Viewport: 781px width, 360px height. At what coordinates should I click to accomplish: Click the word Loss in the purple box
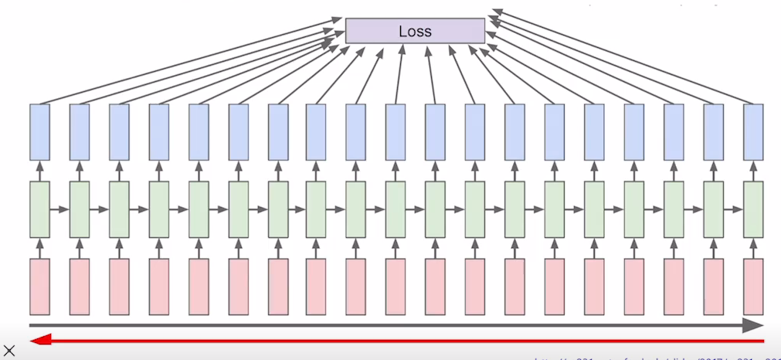click(415, 31)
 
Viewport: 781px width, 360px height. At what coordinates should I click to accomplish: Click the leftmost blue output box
click(39, 132)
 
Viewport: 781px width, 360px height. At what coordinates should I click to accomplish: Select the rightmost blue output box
click(753, 132)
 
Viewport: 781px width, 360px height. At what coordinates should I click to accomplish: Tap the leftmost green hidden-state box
click(39, 209)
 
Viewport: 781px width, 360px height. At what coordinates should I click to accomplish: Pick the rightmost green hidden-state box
click(753, 209)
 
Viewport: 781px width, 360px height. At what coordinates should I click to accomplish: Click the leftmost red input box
click(39, 287)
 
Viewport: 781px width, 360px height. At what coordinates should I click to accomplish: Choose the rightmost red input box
click(753, 287)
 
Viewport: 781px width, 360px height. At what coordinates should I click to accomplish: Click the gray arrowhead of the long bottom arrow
click(752, 325)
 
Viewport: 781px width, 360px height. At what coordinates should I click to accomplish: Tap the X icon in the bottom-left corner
click(9, 351)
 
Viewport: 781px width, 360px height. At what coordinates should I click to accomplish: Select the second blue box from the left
click(80, 132)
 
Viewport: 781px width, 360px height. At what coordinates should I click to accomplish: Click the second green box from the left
click(80, 209)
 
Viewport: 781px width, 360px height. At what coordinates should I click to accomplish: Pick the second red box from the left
click(80, 287)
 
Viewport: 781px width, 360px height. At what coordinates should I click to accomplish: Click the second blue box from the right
click(714, 132)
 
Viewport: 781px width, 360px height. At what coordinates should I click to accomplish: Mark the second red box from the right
click(714, 287)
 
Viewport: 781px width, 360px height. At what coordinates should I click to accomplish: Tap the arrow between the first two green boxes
click(59, 209)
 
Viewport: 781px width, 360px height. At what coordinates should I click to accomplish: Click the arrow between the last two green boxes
click(733, 209)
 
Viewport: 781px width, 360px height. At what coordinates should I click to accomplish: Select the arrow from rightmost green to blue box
click(753, 171)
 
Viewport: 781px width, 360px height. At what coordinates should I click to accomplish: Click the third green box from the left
click(119, 209)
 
